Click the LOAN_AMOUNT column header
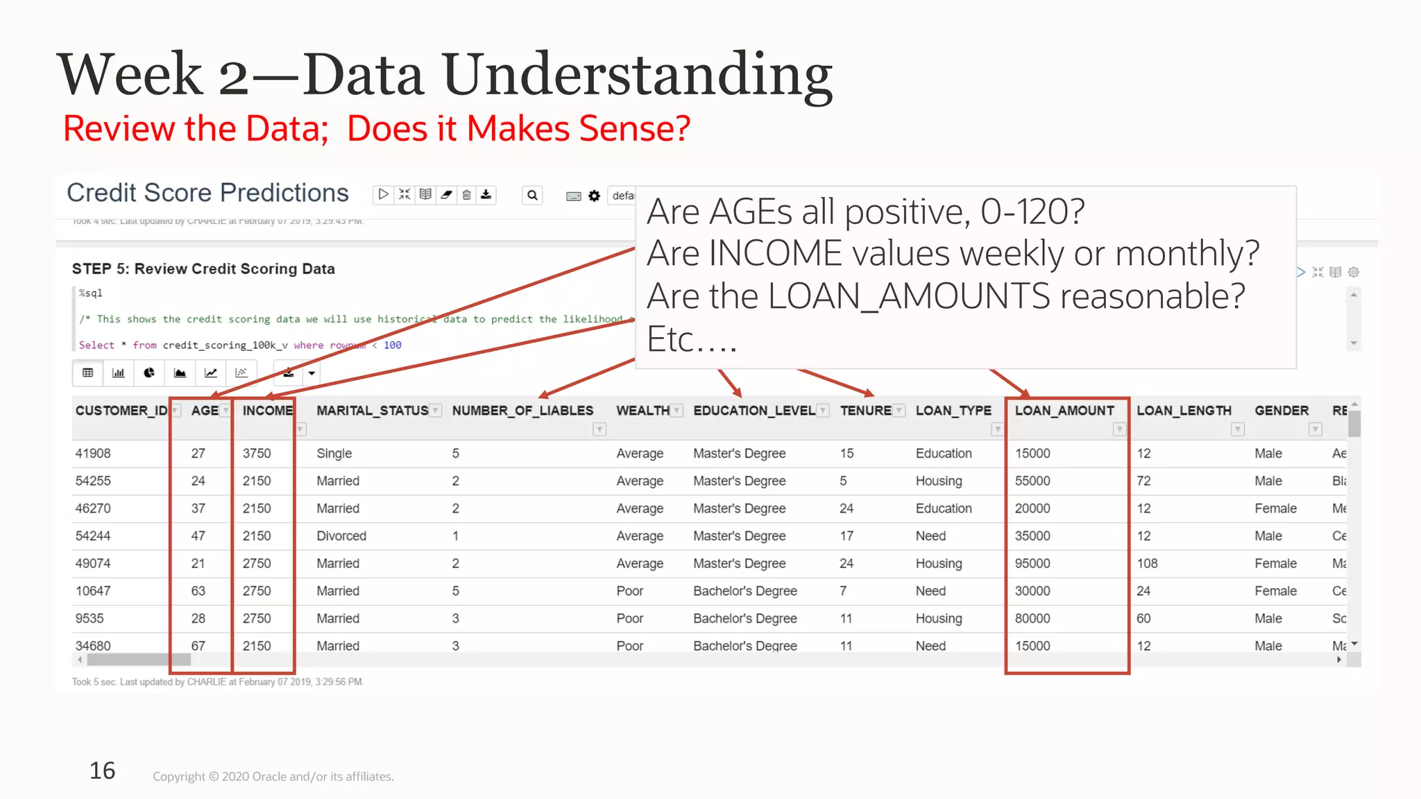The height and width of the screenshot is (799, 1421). [1064, 411]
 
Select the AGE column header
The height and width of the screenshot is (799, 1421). [205, 411]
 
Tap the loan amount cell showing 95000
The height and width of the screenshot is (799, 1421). [1032, 563]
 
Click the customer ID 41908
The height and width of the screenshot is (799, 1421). [93, 454]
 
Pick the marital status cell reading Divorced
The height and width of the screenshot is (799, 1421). [341, 536]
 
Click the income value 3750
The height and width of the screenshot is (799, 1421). [257, 454]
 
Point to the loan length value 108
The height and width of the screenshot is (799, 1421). [1147, 563]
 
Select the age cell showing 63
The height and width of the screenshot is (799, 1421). [198, 591]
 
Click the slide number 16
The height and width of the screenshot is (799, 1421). [102, 771]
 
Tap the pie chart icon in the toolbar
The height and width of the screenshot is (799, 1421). [149, 373]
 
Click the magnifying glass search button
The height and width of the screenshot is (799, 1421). [532, 196]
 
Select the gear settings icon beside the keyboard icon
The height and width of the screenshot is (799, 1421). [594, 196]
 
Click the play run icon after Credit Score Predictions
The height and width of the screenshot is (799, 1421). [383, 195]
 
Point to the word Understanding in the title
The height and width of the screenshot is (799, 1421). [637, 75]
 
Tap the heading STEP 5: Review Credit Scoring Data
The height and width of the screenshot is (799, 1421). [203, 269]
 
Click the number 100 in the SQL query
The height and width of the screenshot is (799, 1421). [392, 345]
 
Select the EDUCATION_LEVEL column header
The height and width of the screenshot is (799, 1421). [754, 411]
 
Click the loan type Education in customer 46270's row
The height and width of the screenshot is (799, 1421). [943, 508]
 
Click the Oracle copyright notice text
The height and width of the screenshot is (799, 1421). [273, 777]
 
